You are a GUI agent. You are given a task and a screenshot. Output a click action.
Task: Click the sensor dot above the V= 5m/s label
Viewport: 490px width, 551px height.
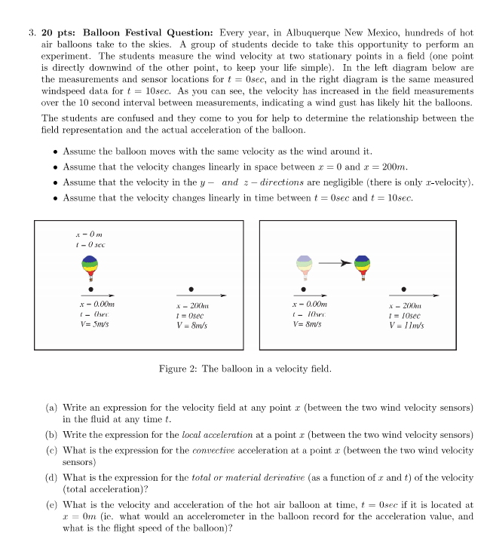pyautogui.click(x=91, y=289)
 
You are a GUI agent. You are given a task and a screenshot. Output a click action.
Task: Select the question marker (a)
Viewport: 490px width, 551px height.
pyautogui.click(x=50, y=408)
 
